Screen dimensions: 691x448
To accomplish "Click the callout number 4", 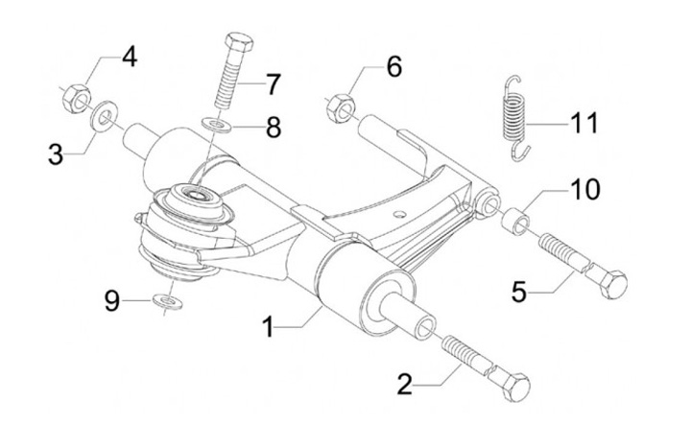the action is tap(130, 58).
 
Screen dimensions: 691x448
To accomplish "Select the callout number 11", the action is tap(584, 123).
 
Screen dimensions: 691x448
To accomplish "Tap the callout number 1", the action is tap(268, 327).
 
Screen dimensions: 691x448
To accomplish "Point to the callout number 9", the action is tap(112, 302).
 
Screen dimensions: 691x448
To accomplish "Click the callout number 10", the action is tap(585, 189).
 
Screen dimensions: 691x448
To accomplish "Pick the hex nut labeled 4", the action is tap(76, 98).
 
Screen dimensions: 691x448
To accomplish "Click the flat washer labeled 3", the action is tap(104, 116).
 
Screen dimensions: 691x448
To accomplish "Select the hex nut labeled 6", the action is tap(340, 107).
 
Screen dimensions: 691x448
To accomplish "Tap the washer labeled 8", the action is tap(219, 124).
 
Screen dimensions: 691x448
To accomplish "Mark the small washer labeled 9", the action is tap(167, 301).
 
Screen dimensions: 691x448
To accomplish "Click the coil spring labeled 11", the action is tap(514, 118).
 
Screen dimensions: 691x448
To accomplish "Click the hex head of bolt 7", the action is tap(239, 42).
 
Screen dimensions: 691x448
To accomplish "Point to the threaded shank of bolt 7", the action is tap(228, 86).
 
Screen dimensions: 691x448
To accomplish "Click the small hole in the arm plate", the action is tap(400, 214).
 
